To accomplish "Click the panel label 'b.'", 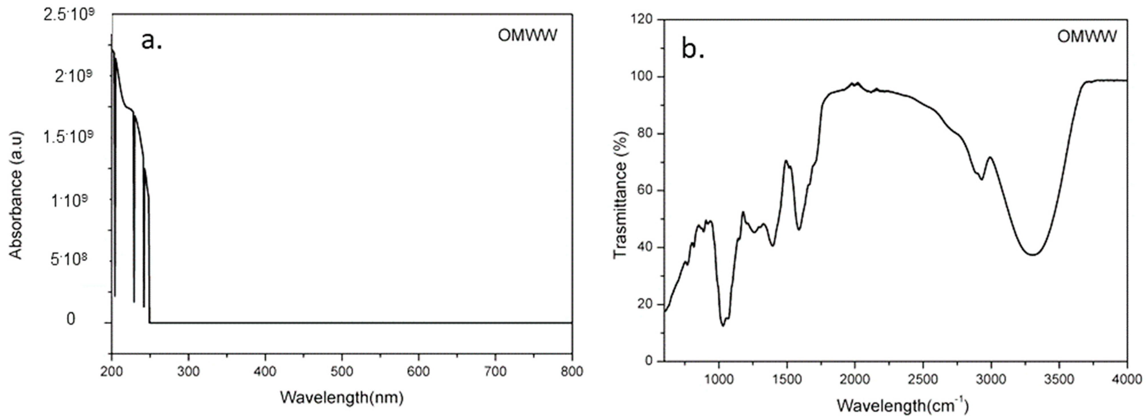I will tap(693, 50).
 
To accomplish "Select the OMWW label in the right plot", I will tap(1087, 36).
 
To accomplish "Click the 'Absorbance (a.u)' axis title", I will tap(16, 195).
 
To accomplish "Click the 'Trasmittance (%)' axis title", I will tap(620, 195).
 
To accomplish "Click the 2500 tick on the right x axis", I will tap(923, 379).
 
